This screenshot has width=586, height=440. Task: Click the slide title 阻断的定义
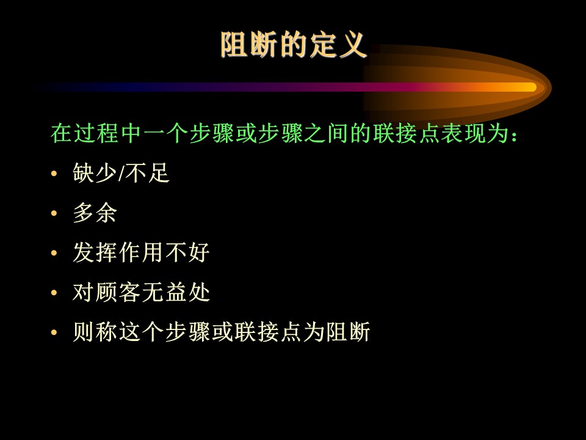coord(294,45)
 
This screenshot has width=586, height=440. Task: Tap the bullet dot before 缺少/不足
coord(54,174)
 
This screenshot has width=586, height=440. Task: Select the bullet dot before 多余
coord(54,213)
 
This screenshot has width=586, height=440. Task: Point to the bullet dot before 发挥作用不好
coord(54,253)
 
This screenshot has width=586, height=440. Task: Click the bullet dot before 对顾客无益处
coord(54,293)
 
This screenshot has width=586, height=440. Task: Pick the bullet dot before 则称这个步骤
coord(54,332)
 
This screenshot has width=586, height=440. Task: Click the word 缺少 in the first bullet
coord(95,173)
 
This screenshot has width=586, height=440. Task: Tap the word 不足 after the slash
coord(148,173)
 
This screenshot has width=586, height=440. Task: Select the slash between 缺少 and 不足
coord(121,174)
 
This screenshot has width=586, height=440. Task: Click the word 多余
coord(95,213)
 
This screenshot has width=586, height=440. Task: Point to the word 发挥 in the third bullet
coord(95,252)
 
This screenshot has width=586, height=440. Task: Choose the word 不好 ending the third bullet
coord(187,252)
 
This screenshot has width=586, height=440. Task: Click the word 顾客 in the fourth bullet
coord(118,292)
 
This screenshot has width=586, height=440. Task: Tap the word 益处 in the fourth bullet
coord(187,292)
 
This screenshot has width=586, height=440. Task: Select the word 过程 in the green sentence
coord(96,133)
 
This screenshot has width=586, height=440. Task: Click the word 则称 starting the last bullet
coord(95,331)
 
